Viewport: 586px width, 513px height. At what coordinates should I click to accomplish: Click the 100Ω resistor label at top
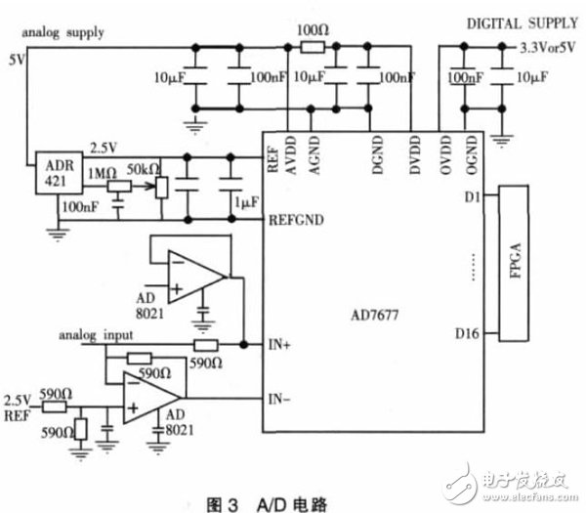pos(312,30)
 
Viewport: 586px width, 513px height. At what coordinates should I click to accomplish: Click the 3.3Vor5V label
pos(543,47)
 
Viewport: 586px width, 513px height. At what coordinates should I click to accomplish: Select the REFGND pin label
pos(294,220)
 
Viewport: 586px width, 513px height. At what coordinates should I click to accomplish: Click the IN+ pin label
pos(279,345)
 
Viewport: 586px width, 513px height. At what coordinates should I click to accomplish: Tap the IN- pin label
pos(279,398)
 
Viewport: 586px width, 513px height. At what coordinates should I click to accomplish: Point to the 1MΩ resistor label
pos(101,172)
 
